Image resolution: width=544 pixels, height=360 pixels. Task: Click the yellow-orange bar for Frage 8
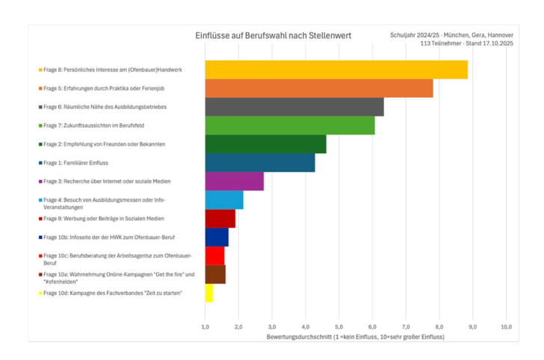point(336,69)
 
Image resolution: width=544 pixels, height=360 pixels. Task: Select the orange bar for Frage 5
point(319,88)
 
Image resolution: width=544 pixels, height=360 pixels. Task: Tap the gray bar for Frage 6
point(294,107)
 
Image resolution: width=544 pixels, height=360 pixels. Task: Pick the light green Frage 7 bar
point(290,125)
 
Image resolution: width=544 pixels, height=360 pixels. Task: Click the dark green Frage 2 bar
point(265,144)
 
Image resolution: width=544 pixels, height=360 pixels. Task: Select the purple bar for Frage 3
point(234,181)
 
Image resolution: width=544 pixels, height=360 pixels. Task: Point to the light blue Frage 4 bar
point(224,200)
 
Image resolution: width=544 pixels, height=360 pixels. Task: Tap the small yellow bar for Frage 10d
point(208,294)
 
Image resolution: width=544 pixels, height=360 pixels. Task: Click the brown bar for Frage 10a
point(215,275)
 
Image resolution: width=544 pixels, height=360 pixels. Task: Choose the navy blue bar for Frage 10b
point(217,238)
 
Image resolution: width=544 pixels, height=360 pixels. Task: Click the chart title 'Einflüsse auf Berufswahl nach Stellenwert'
point(273,35)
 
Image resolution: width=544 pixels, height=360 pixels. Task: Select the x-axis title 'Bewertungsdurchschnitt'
point(355,337)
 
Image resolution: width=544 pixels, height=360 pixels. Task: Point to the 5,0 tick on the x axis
point(339,327)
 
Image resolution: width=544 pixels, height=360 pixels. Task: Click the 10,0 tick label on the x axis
point(506,327)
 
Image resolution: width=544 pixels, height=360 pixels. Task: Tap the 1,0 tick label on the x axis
point(205,327)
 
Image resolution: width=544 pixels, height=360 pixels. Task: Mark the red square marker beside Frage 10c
point(40,256)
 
